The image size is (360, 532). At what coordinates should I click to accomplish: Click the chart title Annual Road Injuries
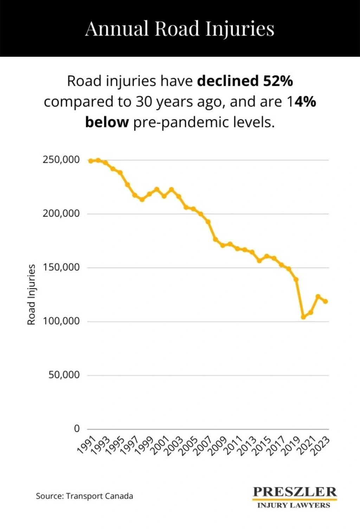pos(180,28)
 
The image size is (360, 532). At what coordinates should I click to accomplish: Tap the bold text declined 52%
pos(245,81)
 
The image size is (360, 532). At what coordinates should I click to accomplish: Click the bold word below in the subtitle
pos(107,122)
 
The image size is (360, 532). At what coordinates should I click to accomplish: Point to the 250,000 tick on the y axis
pos(61,160)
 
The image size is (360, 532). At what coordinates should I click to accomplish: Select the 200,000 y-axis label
pos(61,213)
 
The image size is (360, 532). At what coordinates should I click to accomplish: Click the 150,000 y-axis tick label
pos(61,267)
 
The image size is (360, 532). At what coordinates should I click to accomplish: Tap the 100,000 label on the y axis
pos(61,321)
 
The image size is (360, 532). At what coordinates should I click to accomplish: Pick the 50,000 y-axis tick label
pos(64,375)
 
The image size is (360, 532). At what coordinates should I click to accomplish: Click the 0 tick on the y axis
pos(77,429)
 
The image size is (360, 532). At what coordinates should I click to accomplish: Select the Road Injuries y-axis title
pos(31,295)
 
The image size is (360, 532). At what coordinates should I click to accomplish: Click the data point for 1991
pos(91,161)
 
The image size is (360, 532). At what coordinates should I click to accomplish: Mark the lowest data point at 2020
pos(303,317)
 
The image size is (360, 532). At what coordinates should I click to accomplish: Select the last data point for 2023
pos(326,301)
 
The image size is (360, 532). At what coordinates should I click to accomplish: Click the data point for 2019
pos(296,280)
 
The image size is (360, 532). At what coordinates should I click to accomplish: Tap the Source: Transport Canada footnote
pos(84,496)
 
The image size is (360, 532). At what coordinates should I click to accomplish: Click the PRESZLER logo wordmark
pos(295,492)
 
